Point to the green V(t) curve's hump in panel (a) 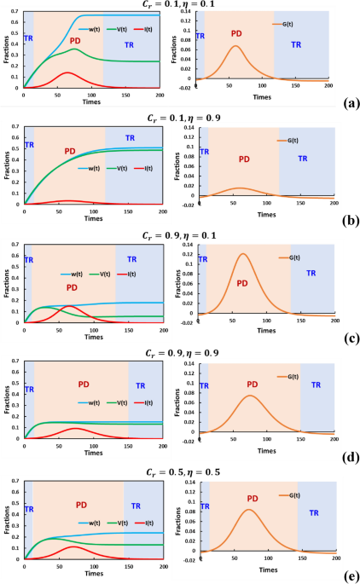[74, 49]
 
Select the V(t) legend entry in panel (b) [115, 168]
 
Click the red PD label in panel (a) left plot [75, 40]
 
